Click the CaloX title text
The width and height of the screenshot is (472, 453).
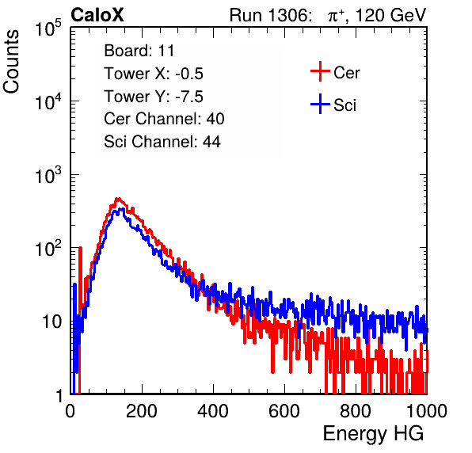(x=97, y=15)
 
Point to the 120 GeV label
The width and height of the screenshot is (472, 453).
(x=390, y=15)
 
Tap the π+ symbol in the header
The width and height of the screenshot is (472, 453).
(x=336, y=15)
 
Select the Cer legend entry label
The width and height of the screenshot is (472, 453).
(x=346, y=73)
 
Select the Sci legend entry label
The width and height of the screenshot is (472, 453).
(x=344, y=105)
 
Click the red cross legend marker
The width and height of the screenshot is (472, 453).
(x=320, y=71)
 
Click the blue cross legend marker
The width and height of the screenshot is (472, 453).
(x=320, y=105)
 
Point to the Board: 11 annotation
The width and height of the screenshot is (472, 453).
(x=139, y=51)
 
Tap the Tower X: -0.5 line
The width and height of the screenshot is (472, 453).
(x=154, y=74)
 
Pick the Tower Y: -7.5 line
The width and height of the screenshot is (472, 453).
(x=154, y=97)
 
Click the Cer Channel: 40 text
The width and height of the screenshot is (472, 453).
(x=164, y=119)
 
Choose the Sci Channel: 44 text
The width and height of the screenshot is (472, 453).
(x=162, y=142)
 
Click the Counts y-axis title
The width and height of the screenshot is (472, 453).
(x=11, y=62)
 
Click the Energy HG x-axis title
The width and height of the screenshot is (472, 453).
(x=373, y=433)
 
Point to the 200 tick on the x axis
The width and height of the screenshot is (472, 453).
(x=142, y=411)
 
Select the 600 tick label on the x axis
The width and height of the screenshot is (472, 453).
(x=284, y=411)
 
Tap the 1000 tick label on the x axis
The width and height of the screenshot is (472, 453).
(x=427, y=411)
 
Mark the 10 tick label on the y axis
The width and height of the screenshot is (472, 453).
(x=51, y=322)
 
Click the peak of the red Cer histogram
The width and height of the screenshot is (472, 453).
(x=118, y=199)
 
